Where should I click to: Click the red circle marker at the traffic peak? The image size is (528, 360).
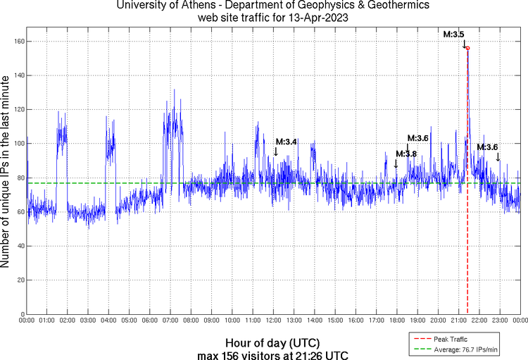(467, 48)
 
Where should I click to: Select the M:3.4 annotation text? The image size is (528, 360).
(286, 142)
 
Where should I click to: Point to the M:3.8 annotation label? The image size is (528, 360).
(406, 154)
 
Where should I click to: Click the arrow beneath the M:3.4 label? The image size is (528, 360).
(276, 151)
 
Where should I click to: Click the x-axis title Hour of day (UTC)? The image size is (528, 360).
(273, 342)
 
